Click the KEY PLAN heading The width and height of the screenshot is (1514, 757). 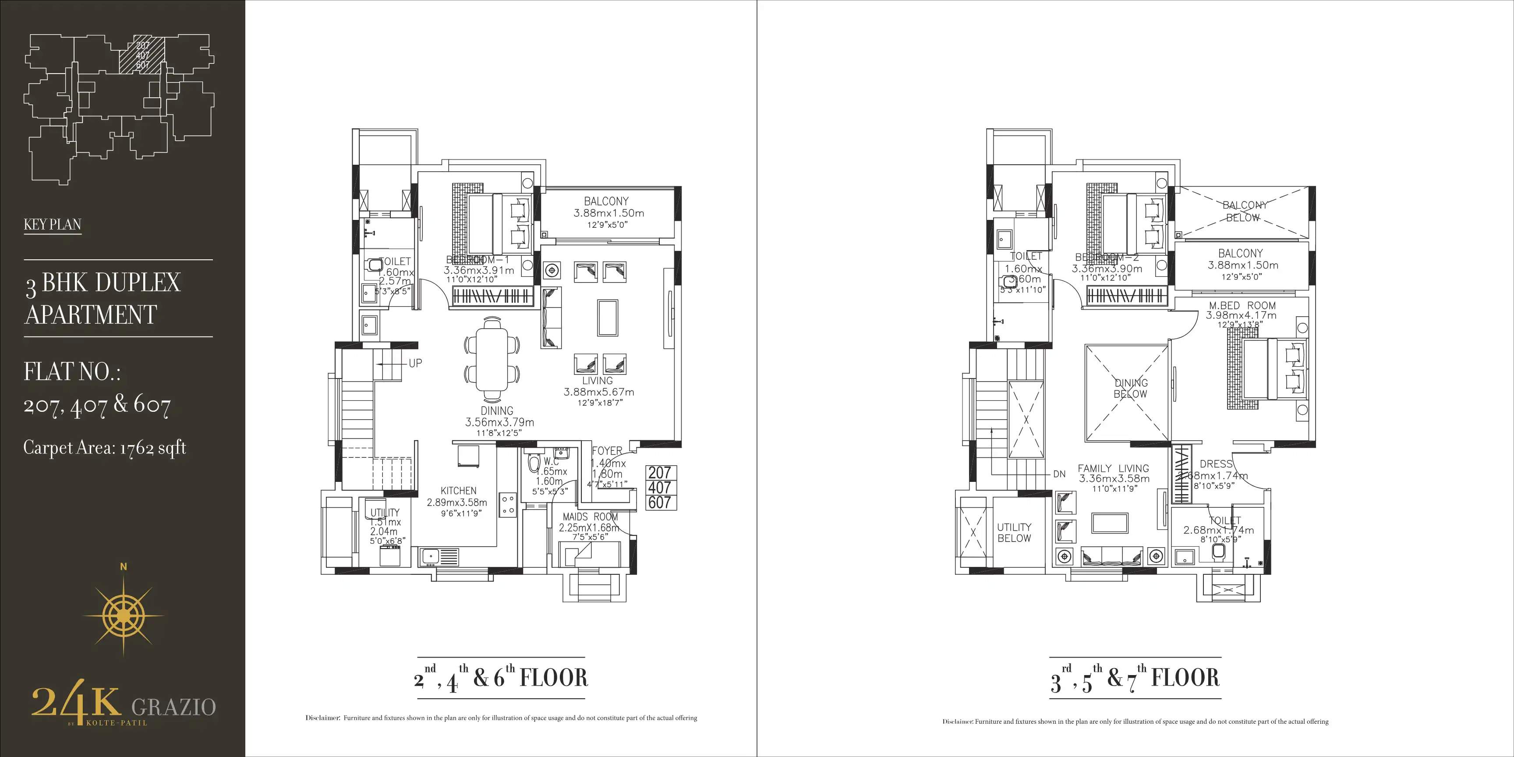coord(52,224)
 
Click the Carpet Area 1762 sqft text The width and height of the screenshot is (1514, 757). coord(105,448)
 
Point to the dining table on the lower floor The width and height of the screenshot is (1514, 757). coord(492,358)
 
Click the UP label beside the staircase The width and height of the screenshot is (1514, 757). coord(415,363)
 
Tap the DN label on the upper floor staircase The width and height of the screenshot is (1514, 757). coord(1059,474)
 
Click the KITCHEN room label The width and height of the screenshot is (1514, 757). coord(458,491)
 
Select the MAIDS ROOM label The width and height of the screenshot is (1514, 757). coord(590,516)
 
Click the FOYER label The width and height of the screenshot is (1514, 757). coord(607,451)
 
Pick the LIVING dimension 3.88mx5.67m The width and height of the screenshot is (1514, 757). coord(598,392)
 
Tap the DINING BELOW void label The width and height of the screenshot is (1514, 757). coord(1130,389)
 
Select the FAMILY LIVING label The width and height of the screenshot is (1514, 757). coord(1113,468)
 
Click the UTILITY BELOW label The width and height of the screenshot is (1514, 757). coord(1014,533)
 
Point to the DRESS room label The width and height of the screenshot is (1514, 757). coord(1215,464)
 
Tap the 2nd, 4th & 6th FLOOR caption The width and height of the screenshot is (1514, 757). coord(501,678)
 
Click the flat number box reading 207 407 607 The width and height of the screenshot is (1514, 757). coord(660,488)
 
